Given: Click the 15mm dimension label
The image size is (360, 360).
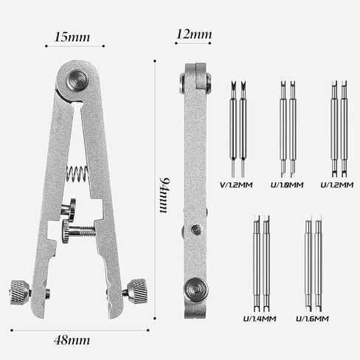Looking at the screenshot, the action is tap(72, 37).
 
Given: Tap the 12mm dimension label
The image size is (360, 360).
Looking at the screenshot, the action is tap(194, 34).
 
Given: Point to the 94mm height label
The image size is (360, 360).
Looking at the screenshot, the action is tap(164, 195).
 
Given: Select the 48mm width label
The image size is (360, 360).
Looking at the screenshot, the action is tap(72, 341).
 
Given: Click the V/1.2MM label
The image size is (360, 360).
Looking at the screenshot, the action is tap(236, 185).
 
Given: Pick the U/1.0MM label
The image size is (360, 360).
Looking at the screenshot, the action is tap(287, 185).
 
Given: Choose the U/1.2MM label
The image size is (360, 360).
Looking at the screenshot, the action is tap(337, 185).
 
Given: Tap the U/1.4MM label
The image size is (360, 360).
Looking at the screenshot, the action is tap(260, 319).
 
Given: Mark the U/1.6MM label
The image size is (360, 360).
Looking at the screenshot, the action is tap(312, 319).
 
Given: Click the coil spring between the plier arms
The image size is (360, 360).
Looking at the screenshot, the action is tap(77, 173).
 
